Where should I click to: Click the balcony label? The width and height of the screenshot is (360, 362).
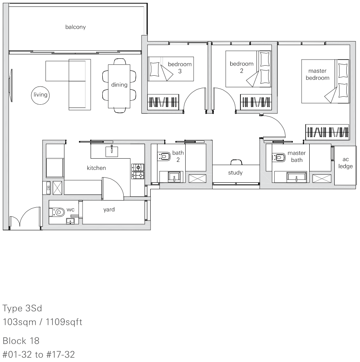pos(75,27)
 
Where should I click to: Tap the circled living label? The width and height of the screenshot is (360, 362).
pos(40,95)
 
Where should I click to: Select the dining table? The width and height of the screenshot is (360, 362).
pos(119,86)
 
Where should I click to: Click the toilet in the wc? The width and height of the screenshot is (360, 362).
pos(57,212)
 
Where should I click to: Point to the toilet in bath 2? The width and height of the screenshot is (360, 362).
pos(164,156)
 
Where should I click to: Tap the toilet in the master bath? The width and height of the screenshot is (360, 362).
pos(279,157)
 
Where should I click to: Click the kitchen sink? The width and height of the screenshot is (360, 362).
pos(112,151)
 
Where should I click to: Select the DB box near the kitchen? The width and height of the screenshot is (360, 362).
pos(48,188)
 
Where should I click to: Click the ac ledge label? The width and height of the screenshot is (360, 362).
pos(346,163)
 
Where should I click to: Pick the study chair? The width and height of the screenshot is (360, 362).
pos(236,162)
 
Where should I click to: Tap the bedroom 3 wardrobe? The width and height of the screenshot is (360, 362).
pos(163,102)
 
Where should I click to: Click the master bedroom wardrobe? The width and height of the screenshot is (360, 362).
pos(327,132)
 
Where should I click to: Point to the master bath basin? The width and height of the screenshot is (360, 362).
pos(296,177)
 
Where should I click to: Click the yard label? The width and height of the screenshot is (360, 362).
pos(109,210)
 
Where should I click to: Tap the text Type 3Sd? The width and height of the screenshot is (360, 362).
pos(22,308)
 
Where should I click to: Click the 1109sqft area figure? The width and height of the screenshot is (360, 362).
pos(64,322)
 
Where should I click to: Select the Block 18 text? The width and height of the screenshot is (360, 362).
pos(21,341)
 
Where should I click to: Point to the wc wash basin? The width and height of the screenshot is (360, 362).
pos(70,221)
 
